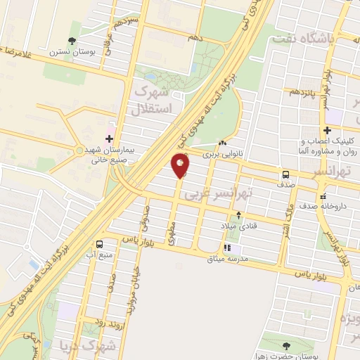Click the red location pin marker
pyautogui.click(x=180, y=166)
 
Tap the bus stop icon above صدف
pyautogui.click(x=285, y=174)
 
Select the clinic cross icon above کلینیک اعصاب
pyautogui.click(x=328, y=130)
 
